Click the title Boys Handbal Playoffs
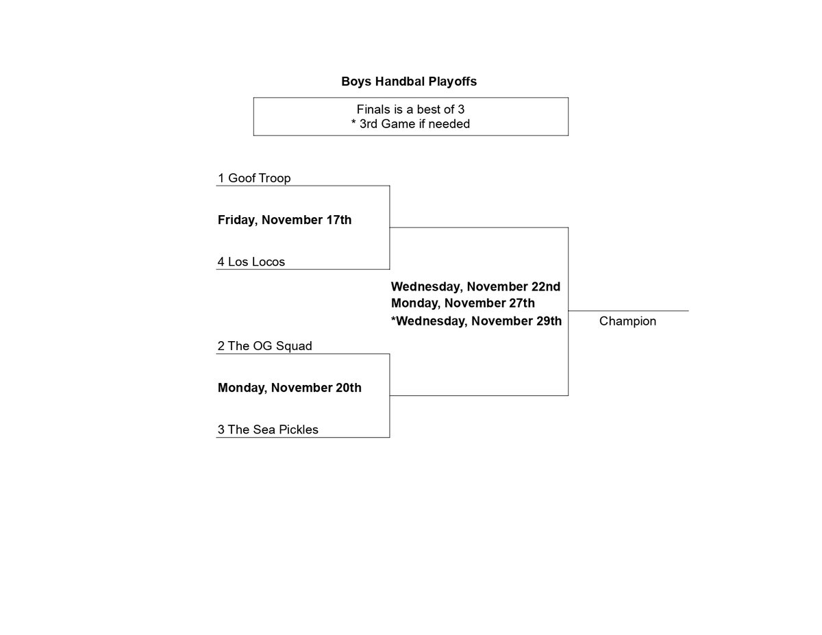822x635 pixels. [x=409, y=82]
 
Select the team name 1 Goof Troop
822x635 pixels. [x=254, y=177]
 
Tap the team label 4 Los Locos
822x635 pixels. [x=251, y=262]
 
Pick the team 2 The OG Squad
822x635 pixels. [x=265, y=346]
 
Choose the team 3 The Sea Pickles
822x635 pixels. [x=268, y=429]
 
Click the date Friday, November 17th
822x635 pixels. [x=284, y=220]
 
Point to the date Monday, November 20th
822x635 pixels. [x=289, y=388]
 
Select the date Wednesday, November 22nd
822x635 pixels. [x=475, y=287]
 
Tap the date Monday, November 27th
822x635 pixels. [x=462, y=303]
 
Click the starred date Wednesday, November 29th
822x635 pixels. [x=476, y=321]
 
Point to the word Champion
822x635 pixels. [x=627, y=321]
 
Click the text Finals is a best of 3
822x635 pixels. [x=410, y=110]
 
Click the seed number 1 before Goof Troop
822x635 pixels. [x=221, y=177]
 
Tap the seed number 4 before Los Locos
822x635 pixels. [x=221, y=262]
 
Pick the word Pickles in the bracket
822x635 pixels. [x=299, y=429]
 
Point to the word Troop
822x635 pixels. [x=275, y=178]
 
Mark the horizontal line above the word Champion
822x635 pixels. [x=628, y=311]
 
